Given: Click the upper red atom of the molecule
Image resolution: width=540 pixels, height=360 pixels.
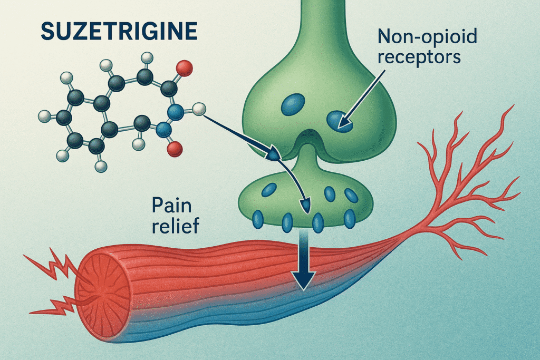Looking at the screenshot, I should click(184, 67).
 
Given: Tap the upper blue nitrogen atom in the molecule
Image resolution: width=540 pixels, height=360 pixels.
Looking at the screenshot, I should click(176, 111).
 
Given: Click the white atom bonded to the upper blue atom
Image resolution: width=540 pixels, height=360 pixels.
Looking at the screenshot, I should click(198, 110).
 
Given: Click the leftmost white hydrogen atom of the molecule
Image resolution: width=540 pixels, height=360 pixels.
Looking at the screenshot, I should click(45, 115).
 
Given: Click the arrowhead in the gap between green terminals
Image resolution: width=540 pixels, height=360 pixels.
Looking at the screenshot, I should click(273, 154).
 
